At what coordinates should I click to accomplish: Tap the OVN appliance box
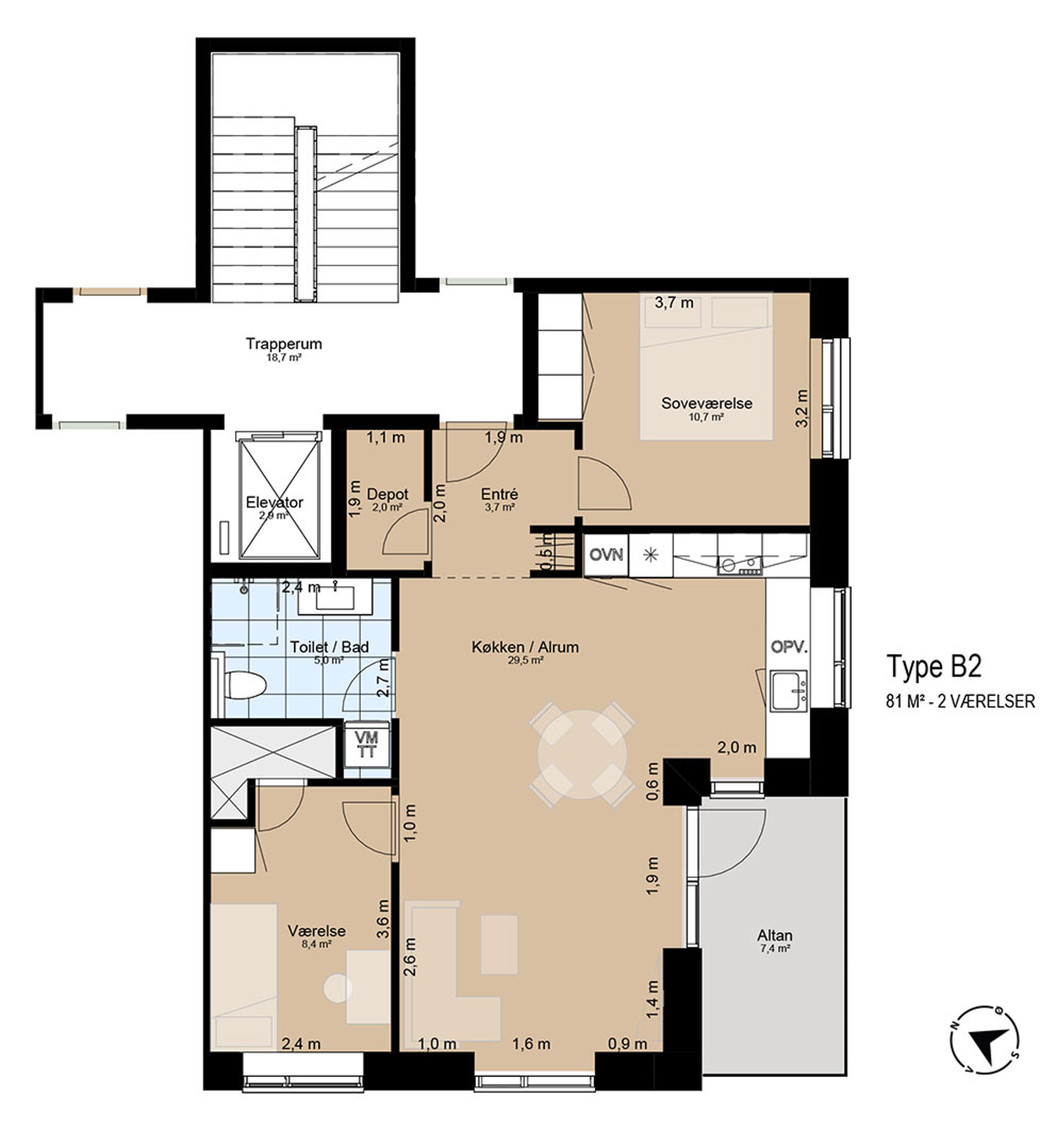606,554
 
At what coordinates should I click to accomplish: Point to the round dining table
582,754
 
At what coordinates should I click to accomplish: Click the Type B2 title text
933,666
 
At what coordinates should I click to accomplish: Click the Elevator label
274,502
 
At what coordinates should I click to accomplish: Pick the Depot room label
388,495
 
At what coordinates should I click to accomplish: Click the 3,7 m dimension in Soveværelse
674,303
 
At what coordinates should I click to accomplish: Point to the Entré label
499,494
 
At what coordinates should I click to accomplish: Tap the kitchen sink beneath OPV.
788,690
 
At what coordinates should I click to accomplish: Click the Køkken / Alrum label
525,647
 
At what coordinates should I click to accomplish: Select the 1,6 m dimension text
532,1044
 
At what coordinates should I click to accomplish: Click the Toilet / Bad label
329,647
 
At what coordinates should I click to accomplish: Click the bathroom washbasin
335,598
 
